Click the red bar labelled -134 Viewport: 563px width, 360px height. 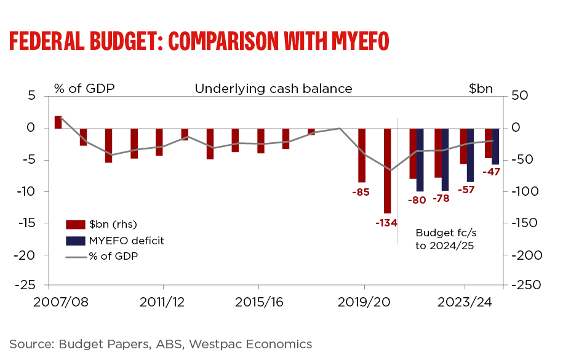388,170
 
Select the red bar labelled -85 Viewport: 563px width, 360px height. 362,155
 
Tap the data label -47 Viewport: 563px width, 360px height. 491,172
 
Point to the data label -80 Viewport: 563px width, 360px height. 417,200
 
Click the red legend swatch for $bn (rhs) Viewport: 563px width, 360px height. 74,223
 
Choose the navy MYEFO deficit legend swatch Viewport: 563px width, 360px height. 74,240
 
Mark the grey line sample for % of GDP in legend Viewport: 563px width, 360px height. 74,256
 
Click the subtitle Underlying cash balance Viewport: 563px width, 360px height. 273,89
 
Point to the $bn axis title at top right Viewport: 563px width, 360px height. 481,89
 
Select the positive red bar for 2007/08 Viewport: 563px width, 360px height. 58,122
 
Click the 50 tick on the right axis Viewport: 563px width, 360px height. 521,96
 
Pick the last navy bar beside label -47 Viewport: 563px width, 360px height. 495,146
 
